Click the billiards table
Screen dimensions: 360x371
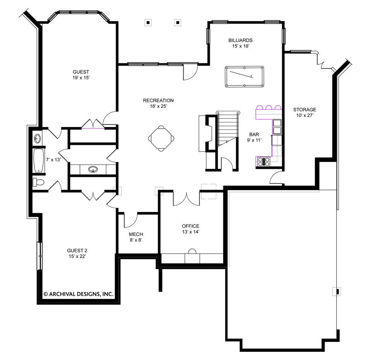(x=244, y=76)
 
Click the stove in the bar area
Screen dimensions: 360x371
(x=264, y=161)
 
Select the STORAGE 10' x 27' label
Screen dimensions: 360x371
(x=305, y=112)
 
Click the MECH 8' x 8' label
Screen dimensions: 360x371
(x=136, y=237)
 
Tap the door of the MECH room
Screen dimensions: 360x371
(x=131, y=221)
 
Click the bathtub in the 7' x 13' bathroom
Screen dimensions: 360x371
(x=37, y=161)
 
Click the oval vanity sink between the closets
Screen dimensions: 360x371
(x=93, y=169)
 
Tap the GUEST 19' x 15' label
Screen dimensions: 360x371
(x=81, y=75)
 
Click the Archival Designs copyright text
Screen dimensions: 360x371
(x=78, y=294)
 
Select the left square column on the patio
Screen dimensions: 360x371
(x=148, y=22)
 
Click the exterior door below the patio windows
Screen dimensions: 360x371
(x=190, y=73)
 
